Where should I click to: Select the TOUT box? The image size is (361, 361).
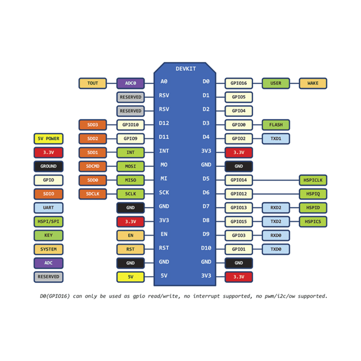click(x=92, y=83)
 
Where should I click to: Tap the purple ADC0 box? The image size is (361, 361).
click(x=130, y=83)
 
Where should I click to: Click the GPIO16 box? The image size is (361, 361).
click(x=239, y=83)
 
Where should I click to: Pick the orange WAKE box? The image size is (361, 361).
click(x=313, y=83)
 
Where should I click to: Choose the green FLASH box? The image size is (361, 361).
click(x=276, y=125)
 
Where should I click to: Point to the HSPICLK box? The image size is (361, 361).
click(x=313, y=180)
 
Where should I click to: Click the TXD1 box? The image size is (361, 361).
click(x=276, y=138)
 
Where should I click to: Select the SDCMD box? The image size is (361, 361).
click(x=92, y=166)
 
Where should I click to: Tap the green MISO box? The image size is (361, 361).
click(x=130, y=180)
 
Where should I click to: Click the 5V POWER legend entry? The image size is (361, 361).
click(x=49, y=138)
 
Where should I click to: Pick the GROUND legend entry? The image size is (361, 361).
click(x=49, y=166)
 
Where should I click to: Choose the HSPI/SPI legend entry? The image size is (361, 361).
click(x=49, y=221)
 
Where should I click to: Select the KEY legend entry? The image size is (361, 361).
click(x=49, y=235)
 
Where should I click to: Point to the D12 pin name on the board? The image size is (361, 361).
click(x=164, y=123)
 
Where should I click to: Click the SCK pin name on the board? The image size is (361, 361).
click(x=164, y=193)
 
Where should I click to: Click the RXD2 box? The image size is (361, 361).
click(x=276, y=208)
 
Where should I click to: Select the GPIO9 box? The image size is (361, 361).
click(x=130, y=138)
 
